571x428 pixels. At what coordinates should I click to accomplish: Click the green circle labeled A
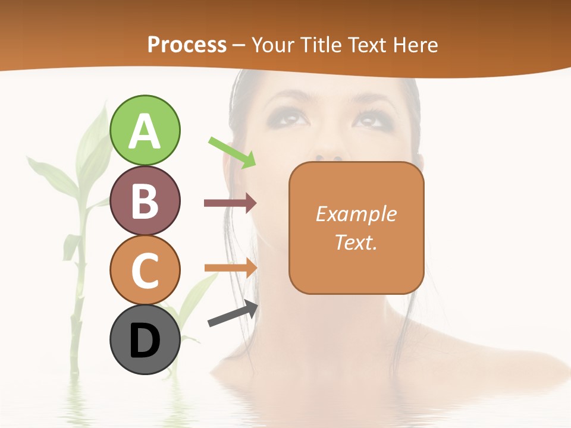click(145, 130)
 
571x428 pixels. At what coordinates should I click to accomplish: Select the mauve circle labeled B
click(145, 200)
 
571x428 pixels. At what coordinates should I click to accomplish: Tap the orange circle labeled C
click(145, 270)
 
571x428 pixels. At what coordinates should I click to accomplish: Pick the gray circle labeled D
click(145, 340)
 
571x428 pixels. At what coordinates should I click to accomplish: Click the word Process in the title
click(187, 45)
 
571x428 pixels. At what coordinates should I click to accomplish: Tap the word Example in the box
click(356, 214)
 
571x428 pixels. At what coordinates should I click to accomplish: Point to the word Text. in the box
click(356, 242)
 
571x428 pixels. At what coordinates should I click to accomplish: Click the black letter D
click(145, 341)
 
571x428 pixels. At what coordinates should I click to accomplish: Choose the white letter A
click(145, 131)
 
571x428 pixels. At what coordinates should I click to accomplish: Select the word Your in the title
click(273, 45)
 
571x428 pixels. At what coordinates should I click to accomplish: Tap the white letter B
click(145, 201)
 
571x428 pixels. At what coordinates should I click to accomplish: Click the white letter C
click(145, 270)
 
